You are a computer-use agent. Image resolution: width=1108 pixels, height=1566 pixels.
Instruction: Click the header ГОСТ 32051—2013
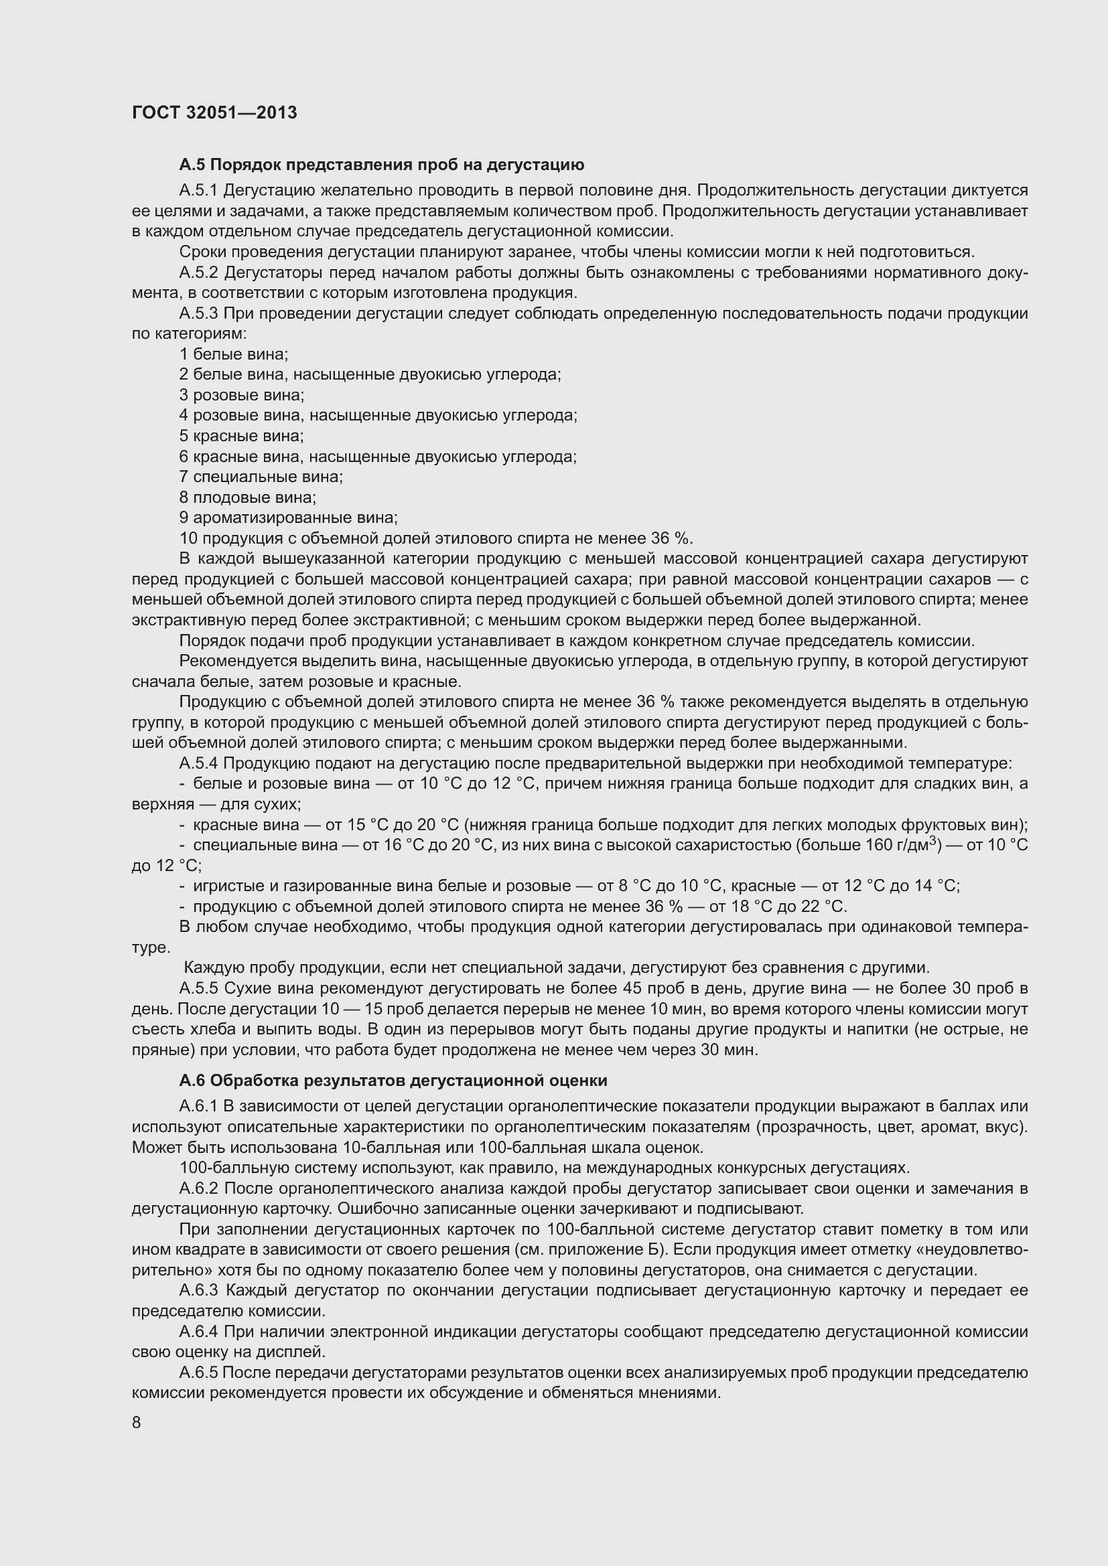click(214, 112)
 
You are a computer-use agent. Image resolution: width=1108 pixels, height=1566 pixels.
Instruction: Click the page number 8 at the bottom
click(137, 1423)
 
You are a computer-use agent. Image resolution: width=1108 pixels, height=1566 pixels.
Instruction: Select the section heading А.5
click(381, 165)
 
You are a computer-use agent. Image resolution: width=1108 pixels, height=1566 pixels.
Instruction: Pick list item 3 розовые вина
click(242, 395)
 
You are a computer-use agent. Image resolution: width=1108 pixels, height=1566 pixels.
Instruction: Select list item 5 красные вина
click(242, 436)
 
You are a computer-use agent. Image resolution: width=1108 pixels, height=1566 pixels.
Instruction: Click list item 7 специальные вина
click(261, 477)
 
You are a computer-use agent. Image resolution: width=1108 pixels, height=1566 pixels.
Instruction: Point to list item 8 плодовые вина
click(248, 497)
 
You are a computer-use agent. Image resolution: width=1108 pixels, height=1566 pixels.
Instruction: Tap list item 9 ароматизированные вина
click(288, 518)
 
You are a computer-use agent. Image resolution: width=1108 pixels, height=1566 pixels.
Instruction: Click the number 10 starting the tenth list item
click(189, 538)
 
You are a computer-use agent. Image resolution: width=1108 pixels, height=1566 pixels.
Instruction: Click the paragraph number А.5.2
click(198, 272)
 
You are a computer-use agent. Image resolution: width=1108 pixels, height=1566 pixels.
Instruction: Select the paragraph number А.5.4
click(198, 763)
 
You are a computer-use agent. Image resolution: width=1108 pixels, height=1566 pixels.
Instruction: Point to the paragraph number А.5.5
click(198, 988)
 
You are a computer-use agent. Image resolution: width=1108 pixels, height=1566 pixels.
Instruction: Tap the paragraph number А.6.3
click(198, 1290)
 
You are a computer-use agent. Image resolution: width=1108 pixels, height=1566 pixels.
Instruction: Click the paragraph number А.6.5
click(198, 1373)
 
